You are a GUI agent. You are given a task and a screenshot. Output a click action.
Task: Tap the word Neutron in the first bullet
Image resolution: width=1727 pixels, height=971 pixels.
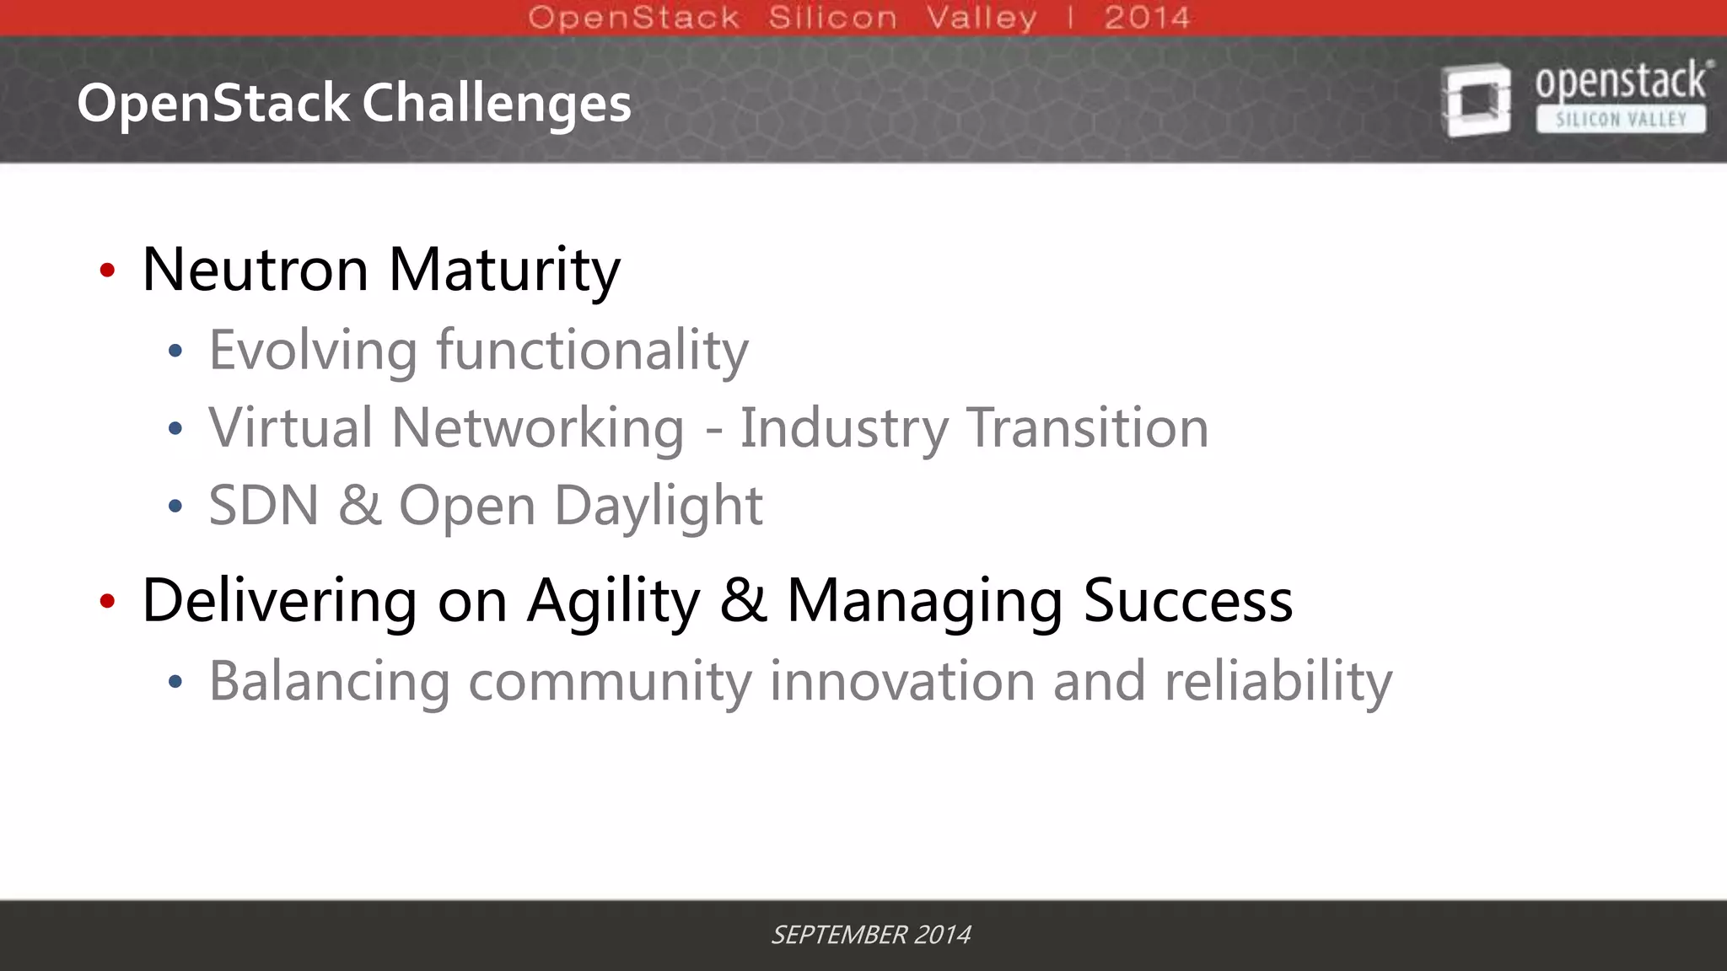[x=256, y=270]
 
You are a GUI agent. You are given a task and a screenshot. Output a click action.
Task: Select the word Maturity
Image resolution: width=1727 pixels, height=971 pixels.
[x=504, y=271]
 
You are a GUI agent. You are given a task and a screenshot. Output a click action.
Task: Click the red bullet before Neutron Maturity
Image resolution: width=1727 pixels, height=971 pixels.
[x=107, y=271]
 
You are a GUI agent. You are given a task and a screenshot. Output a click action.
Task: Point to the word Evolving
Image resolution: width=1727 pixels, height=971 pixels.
[x=313, y=351]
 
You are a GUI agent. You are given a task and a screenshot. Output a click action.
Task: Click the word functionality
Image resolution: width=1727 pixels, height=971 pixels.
[x=592, y=351]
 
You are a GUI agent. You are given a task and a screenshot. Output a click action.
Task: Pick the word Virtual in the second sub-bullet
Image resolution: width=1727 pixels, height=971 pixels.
[x=291, y=428]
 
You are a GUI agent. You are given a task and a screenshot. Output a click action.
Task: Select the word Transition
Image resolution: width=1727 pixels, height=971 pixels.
[x=1088, y=428]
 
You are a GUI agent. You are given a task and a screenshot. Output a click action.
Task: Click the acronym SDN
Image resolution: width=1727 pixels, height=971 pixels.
[x=264, y=506]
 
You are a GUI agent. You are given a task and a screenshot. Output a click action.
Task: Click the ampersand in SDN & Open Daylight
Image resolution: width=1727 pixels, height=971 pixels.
[x=359, y=506]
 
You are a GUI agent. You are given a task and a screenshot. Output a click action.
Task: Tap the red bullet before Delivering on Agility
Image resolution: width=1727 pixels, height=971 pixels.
[x=107, y=601]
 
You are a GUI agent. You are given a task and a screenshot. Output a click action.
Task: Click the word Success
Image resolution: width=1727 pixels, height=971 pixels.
[x=1187, y=601]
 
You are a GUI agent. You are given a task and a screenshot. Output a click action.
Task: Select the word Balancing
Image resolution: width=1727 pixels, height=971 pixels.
[x=330, y=681]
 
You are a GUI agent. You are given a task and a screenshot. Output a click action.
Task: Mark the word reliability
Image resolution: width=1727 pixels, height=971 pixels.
[x=1278, y=681]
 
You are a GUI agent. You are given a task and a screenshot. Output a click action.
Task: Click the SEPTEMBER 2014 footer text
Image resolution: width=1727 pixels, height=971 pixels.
[x=871, y=935]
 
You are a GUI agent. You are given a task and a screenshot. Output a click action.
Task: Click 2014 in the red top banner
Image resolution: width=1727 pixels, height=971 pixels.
[x=1147, y=18]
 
